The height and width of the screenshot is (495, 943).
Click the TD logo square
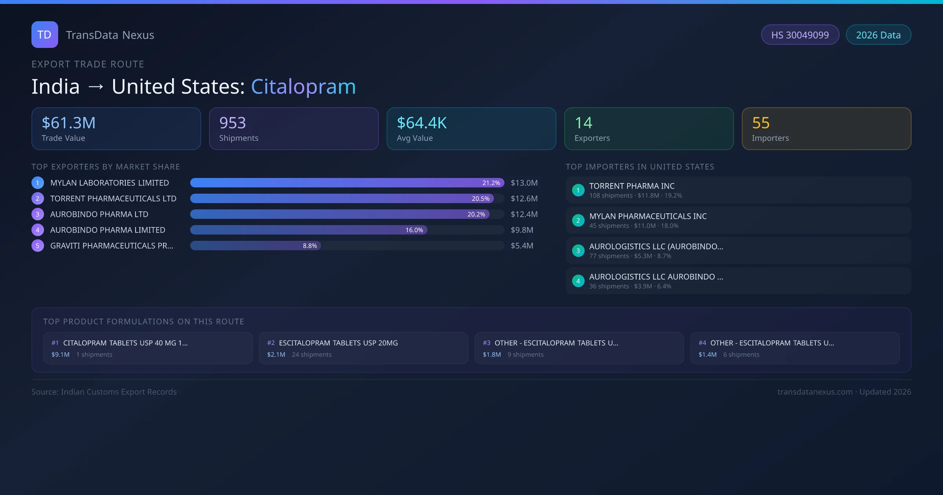(44, 35)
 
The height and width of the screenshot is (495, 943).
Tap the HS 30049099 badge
(800, 35)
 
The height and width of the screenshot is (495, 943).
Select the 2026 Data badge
(878, 35)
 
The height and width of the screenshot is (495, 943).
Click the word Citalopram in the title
(303, 86)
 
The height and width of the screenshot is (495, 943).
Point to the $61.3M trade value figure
(69, 123)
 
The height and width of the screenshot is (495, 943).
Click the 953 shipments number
(233, 123)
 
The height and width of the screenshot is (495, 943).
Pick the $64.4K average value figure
(422, 123)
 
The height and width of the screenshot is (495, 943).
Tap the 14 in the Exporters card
(583, 123)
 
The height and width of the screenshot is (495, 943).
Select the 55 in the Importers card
(761, 123)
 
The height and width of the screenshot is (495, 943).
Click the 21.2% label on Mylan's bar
(491, 183)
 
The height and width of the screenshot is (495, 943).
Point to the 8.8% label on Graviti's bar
(310, 246)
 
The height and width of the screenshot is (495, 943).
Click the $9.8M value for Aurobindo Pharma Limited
(522, 230)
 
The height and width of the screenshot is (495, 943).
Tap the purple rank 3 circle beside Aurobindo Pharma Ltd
(38, 214)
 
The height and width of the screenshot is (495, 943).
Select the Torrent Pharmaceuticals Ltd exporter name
(113, 198)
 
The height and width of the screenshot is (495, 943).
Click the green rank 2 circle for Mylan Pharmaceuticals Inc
(578, 220)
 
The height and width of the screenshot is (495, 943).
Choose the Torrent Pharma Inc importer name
(632, 186)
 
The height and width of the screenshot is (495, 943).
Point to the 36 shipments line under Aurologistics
(630, 286)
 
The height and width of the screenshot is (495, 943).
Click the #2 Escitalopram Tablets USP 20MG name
(338, 343)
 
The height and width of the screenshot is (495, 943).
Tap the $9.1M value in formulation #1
(61, 354)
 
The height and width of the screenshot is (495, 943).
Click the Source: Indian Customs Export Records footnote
(104, 392)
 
